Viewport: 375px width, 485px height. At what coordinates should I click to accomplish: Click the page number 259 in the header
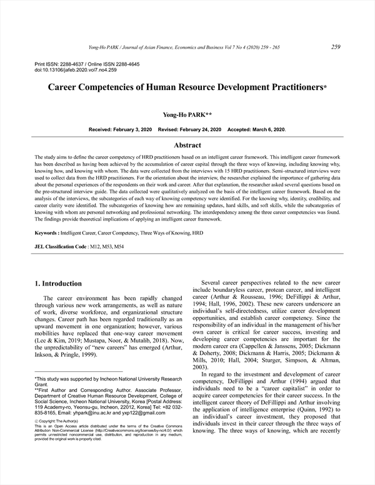[x=336, y=46]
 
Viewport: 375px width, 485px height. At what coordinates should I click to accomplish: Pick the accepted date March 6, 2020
[x=266, y=129]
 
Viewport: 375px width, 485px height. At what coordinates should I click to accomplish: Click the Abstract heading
[x=187, y=145]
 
